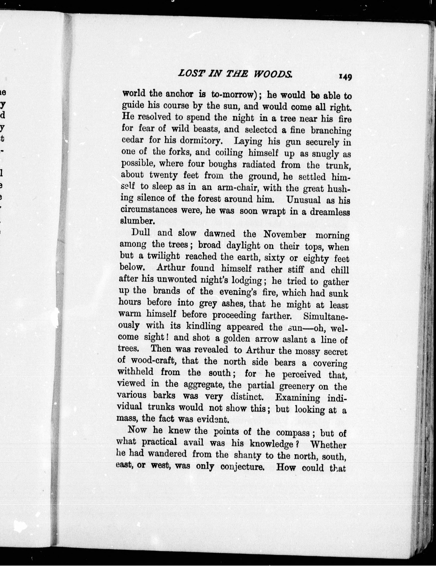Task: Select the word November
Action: (x=285, y=235)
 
